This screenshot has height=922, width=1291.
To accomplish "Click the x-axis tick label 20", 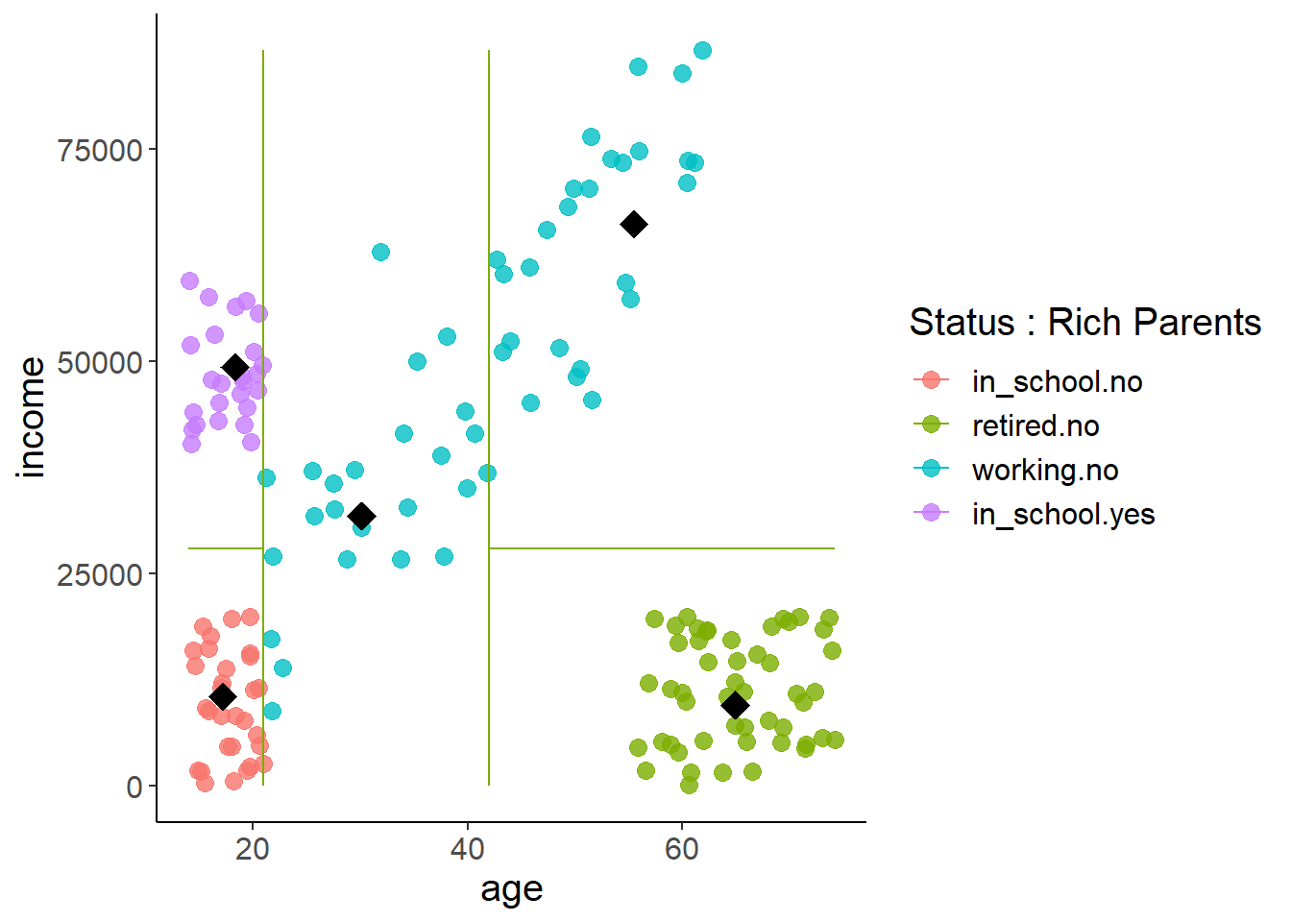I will pos(253,850).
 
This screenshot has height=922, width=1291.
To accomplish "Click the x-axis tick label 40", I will pos(467,850).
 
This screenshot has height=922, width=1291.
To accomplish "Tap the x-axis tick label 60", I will pos(682,850).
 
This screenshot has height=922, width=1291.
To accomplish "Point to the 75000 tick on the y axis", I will pos(100,151).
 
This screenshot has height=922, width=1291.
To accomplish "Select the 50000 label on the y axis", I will pos(100,363).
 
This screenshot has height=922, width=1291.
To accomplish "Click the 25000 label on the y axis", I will pos(100,575).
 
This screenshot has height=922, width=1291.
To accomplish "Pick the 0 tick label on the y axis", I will pos(134,788).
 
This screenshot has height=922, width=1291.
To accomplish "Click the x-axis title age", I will pos(511,890).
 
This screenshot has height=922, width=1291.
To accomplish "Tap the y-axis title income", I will pos(33,418).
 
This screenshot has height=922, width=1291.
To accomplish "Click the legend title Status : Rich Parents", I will pos(1084,323).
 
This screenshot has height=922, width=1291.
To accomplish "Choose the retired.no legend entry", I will pos(1035,425).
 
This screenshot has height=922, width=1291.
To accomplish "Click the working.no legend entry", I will pos(1044,470).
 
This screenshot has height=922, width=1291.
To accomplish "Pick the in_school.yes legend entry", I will pos(1062,514).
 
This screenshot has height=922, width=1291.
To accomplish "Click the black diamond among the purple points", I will pos(235,368).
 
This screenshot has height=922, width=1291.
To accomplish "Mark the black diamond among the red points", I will pos(223,696).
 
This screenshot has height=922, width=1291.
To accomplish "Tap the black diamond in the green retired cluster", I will pos(735,706).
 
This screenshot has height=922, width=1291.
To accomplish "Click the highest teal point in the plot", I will pos(702,50).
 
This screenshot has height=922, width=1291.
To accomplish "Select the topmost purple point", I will pos(189,280).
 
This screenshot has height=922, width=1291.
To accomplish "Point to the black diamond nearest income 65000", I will pos(634,224).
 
